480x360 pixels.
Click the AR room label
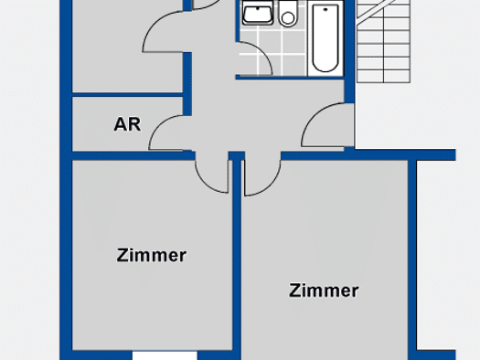127,124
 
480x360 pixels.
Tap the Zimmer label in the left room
152,256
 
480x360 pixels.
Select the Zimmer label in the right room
324,291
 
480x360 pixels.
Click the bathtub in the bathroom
325,38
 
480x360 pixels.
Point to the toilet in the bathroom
288,13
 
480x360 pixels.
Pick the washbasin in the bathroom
258,13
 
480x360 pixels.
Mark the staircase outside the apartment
384,41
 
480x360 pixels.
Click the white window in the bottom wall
165,355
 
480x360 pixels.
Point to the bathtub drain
325,10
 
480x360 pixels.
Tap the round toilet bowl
288,18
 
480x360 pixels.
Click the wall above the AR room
127,94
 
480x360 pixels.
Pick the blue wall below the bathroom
290,78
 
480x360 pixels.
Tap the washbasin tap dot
258,8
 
